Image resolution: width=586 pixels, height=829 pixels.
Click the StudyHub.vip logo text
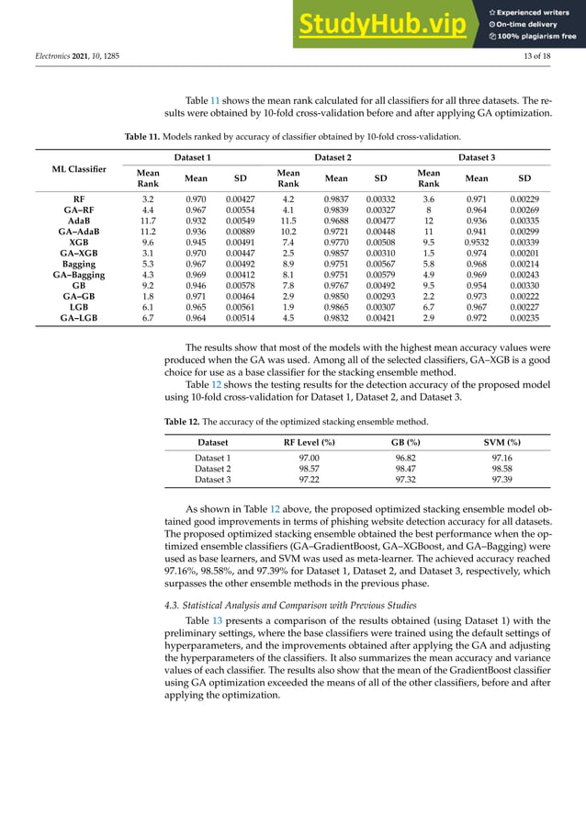pos(389,24)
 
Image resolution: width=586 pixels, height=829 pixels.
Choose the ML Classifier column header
pos(79,169)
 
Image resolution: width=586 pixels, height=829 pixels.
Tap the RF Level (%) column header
pos(309,442)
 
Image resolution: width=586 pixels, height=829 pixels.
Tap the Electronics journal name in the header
pos(51,59)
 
